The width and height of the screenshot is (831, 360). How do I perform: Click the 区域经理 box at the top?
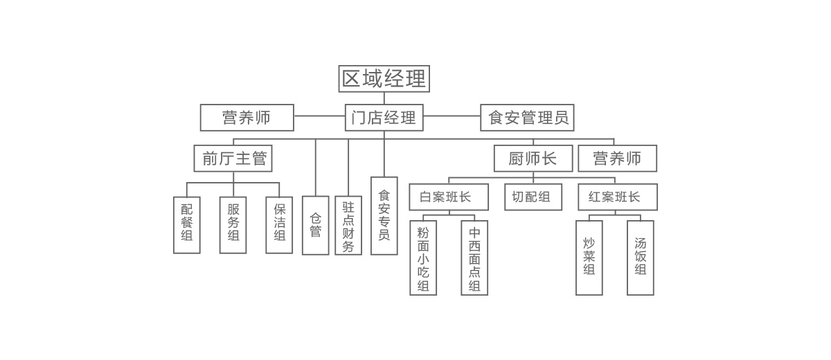tap(384, 79)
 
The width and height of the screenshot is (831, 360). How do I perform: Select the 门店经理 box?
tap(384, 118)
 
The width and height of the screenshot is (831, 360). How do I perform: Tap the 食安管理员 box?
tap(528, 118)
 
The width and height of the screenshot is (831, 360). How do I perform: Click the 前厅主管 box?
tap(233, 159)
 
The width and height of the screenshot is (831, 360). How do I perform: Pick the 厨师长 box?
tap(533, 159)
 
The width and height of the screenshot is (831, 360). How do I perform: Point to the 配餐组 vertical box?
tap(187, 225)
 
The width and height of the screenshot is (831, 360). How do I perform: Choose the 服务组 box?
tap(233, 225)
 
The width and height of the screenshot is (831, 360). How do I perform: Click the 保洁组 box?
tap(279, 225)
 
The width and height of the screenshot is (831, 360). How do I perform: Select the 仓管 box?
tap(316, 225)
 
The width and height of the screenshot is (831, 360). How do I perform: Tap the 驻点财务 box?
tap(348, 225)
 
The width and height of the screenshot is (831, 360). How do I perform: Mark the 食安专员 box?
tap(384, 216)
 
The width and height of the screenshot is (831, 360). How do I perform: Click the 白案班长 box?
tap(449, 197)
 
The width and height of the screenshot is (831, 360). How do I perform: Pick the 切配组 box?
tap(533, 197)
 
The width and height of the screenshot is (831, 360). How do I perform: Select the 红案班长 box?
tap(618, 197)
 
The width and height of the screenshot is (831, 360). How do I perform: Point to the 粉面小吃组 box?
tap(423, 258)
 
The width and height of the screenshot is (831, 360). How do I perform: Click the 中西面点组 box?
tap(474, 258)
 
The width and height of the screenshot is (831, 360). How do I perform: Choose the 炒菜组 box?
tap(589, 258)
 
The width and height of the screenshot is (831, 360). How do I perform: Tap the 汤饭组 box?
tap(641, 258)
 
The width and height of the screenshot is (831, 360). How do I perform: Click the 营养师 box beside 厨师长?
tap(618, 159)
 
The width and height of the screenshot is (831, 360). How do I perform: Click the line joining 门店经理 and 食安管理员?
tap(452, 117)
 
